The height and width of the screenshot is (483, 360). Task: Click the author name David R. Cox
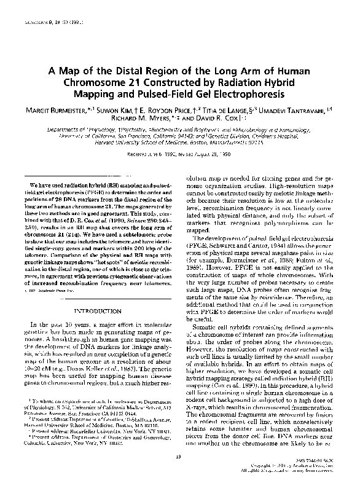(x=216, y=118)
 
